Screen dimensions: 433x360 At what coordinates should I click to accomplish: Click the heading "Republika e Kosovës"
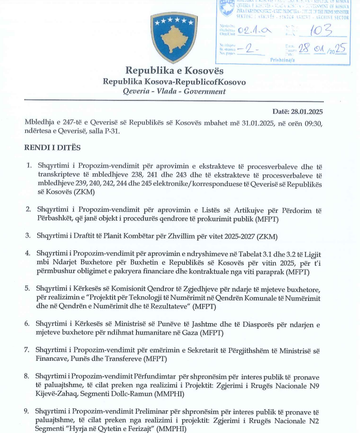[174, 71]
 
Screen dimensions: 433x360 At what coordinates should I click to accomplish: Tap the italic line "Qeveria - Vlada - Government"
[174, 92]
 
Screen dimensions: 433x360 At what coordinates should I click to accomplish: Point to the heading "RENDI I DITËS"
[52, 147]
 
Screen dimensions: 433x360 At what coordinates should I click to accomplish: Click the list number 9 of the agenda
[28, 412]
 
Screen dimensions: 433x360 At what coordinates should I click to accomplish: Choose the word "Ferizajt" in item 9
[137, 430]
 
